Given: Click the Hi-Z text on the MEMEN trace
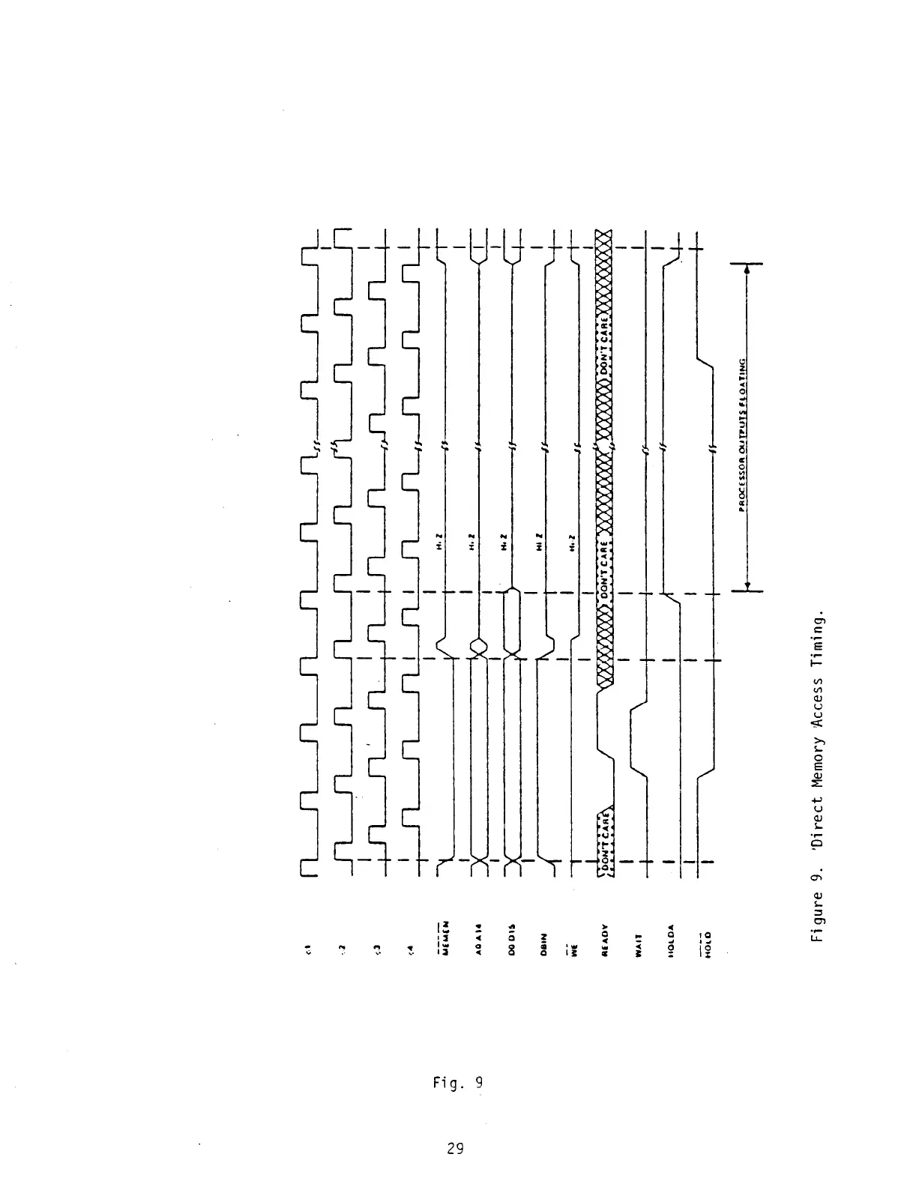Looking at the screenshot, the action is [x=442, y=540].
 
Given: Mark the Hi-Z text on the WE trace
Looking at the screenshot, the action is [x=572, y=540].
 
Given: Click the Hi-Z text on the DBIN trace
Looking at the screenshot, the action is [x=540, y=540].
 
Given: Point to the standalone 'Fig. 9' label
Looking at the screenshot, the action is [x=458, y=1082].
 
